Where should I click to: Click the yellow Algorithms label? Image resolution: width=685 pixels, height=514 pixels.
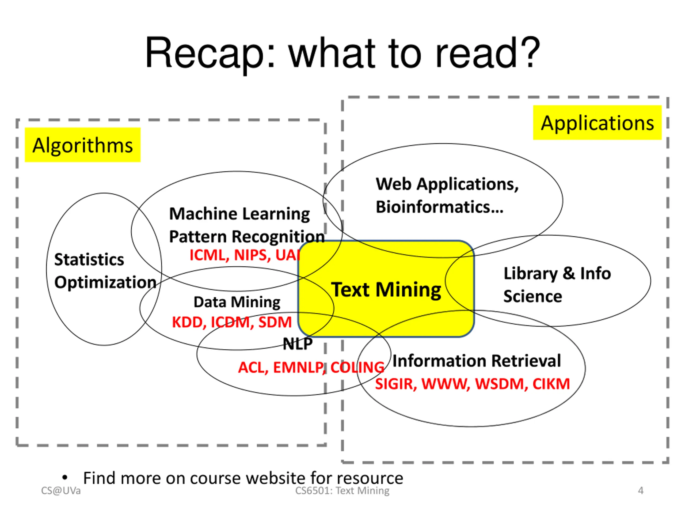[x=83, y=145]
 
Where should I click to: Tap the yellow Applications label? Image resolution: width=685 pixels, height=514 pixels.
[x=597, y=123]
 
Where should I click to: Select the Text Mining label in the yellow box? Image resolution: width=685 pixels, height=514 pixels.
[x=386, y=290]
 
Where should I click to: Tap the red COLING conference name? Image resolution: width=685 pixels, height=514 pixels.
[x=357, y=368]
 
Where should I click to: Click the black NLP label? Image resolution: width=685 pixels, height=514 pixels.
[x=298, y=343]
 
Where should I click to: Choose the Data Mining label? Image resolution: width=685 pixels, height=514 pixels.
[x=237, y=302]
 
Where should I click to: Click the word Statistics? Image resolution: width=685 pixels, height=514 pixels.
[x=89, y=260]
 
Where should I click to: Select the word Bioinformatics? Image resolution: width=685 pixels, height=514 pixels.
[x=439, y=207]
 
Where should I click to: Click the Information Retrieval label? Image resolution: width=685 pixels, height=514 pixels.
[x=477, y=361]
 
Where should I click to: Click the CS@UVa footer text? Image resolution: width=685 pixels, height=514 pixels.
[x=61, y=490]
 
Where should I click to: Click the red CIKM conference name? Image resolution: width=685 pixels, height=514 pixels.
[x=551, y=384]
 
